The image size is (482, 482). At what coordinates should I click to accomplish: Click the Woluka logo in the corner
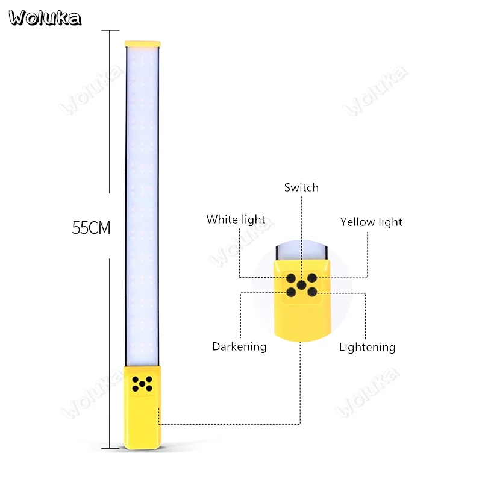tap(45, 18)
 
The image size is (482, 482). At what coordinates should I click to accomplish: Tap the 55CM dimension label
tap(91, 228)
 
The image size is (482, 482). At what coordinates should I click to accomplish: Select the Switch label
tap(301, 187)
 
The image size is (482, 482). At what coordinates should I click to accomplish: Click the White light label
tap(236, 219)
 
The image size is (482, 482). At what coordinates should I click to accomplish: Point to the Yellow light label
tap(371, 222)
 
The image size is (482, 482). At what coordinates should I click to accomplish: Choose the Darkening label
tap(239, 347)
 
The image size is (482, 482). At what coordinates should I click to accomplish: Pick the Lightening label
tap(368, 348)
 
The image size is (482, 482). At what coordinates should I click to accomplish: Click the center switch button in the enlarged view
tap(302, 285)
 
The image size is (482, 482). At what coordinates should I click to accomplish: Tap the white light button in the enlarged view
tap(291, 278)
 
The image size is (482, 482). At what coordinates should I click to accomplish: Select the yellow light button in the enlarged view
tap(312, 278)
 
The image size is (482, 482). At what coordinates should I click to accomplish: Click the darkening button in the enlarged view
tap(291, 292)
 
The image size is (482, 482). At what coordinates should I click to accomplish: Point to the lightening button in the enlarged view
tap(312, 292)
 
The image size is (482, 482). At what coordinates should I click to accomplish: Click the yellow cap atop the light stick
tap(143, 44)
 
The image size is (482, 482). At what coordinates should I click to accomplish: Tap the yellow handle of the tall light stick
tap(142, 408)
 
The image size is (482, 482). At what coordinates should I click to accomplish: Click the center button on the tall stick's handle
tap(142, 384)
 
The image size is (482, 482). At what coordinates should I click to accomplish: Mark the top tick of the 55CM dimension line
tap(110, 30)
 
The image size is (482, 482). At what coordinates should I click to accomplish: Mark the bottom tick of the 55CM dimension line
tap(110, 448)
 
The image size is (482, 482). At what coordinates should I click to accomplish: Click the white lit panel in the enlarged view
tap(301, 251)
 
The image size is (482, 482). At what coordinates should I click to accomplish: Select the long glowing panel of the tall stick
tap(142, 207)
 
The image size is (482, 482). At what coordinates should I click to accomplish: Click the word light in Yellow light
tap(390, 222)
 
